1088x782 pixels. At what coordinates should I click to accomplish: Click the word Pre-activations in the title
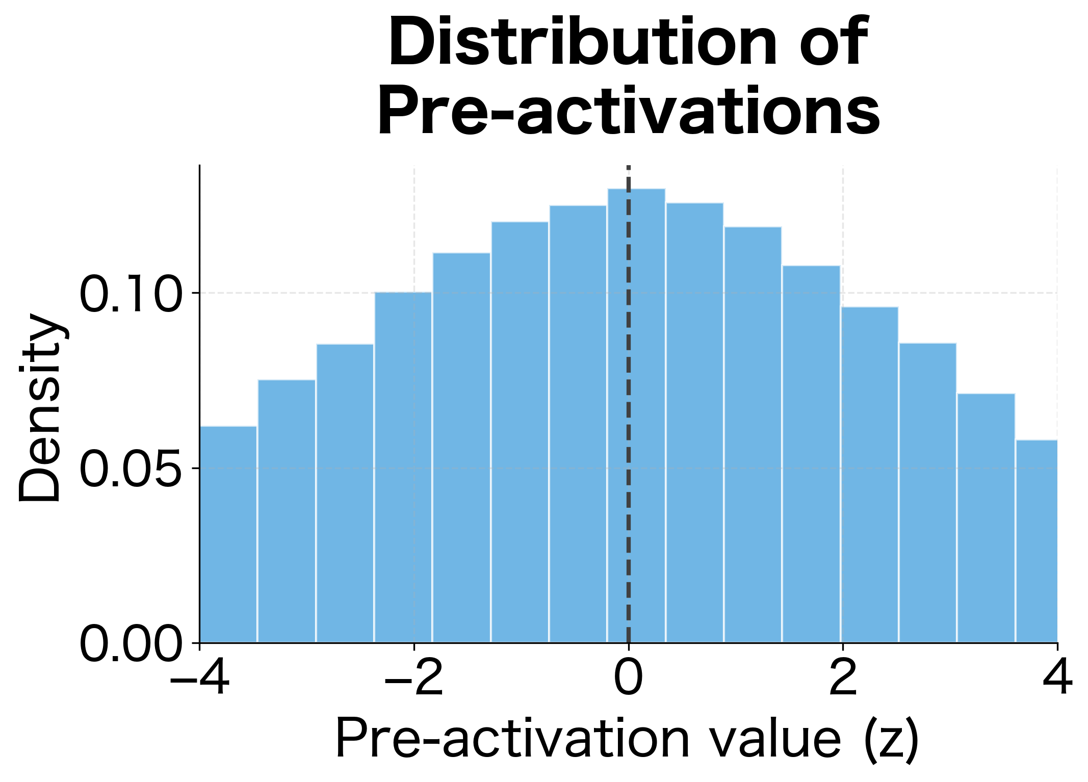click(628, 111)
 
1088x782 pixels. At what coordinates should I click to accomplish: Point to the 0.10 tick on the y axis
click(131, 294)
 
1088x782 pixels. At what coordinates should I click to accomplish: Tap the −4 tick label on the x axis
click(199, 679)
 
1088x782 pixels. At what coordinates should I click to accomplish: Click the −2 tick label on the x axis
click(413, 679)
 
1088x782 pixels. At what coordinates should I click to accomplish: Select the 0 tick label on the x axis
click(628, 679)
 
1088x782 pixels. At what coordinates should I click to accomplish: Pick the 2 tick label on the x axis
click(842, 679)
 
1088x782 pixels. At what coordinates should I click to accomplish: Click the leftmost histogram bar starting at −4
click(228, 535)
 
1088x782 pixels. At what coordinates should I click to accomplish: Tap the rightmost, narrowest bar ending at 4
click(1037, 540)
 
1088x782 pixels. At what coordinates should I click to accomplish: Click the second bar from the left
click(287, 510)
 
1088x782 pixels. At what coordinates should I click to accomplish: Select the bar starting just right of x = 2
click(870, 474)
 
